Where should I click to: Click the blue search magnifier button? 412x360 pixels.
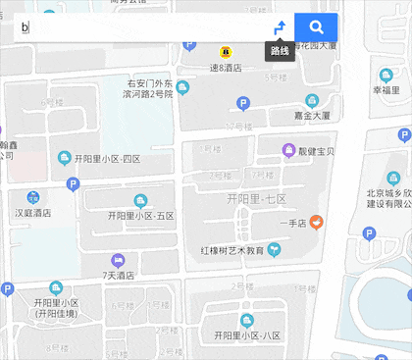pos(316,27)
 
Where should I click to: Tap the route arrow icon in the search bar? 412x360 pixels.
pos(280,27)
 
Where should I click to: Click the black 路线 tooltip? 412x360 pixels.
pos(280,51)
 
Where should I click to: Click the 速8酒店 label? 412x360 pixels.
pos(226,69)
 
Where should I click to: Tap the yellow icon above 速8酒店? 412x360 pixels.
pos(226,51)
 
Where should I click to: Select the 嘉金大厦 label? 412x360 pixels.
pos(312,115)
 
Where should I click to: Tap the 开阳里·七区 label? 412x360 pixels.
pos(256,200)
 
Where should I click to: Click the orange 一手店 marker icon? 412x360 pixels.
pos(317,221)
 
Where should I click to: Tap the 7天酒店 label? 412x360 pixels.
pos(118,276)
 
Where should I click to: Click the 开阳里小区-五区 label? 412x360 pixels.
pos(140,216)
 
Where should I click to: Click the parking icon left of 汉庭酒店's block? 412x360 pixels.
pos(73,183)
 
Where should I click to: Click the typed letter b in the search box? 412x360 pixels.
pos(24,27)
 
